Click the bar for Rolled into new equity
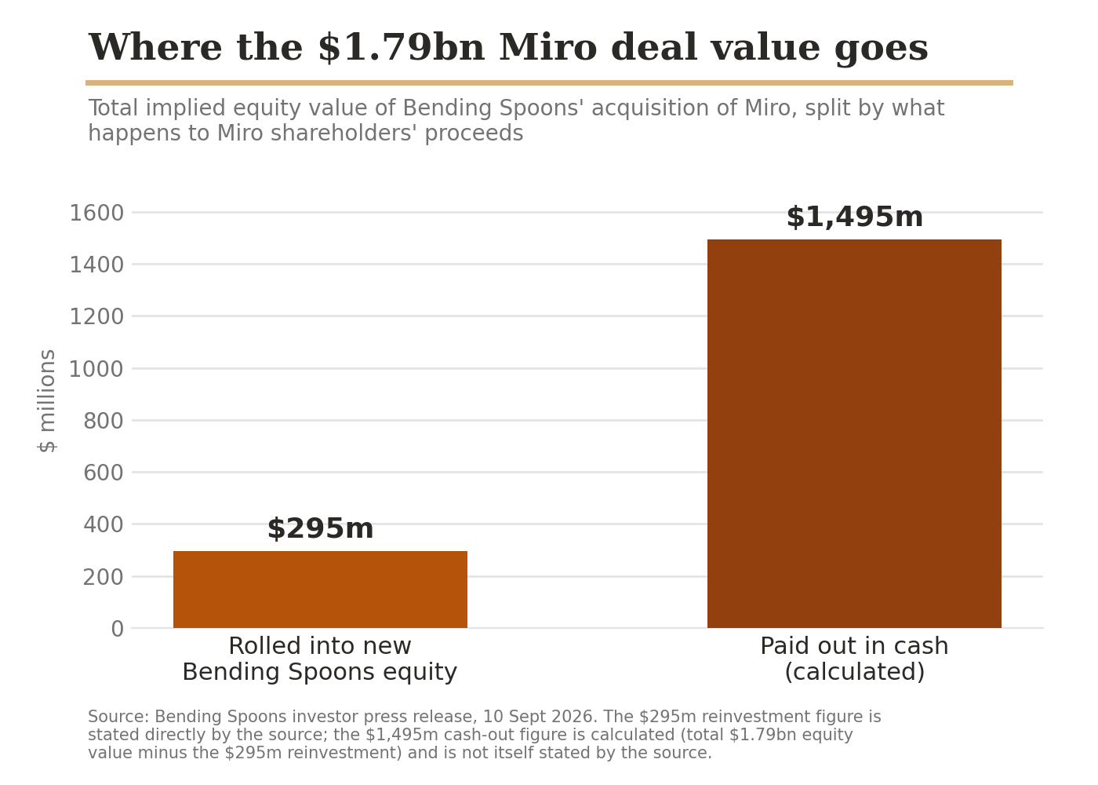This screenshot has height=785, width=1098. click(320, 590)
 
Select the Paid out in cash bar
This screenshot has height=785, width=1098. click(854, 433)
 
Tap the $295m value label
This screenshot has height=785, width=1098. click(320, 528)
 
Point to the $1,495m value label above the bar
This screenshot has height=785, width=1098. click(854, 217)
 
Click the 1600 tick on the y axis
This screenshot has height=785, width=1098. click(96, 213)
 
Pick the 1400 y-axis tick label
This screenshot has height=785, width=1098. click(96, 265)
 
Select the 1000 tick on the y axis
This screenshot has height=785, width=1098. click(96, 369)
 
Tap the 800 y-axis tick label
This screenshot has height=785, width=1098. click(103, 421)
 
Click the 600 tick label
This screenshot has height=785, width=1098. click(103, 473)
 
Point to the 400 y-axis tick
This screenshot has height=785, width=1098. click(103, 524)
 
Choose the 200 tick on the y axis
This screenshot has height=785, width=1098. click(103, 577)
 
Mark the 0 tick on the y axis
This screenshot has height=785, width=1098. click(117, 629)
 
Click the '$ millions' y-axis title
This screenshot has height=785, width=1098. click(47, 401)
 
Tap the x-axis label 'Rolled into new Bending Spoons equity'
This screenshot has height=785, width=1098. click(320, 659)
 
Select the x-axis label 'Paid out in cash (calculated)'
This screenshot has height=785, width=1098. click(854, 659)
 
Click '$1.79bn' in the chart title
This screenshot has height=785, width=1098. click(401, 48)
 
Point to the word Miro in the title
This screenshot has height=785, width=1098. click(548, 48)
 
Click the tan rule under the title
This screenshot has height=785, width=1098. click(549, 83)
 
